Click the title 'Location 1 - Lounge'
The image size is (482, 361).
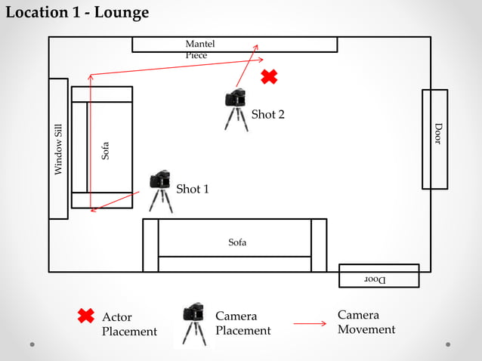pos(77,13)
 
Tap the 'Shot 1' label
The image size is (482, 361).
pos(192,189)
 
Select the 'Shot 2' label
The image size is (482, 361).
pos(267,115)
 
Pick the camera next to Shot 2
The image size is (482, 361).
pos(236,109)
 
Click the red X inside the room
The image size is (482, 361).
pos(269,76)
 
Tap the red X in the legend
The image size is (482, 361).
pos(86,316)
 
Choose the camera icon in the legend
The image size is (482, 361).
pos(193,323)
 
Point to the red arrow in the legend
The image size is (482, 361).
pos(310,323)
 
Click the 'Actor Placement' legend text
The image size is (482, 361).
pos(129,324)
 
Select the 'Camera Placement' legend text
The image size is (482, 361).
pos(243,323)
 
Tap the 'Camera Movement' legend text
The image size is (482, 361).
pos(366,322)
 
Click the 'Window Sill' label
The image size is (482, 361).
pos(58,150)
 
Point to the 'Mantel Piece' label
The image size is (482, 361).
pos(196,50)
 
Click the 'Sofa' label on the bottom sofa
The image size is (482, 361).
pos(237,242)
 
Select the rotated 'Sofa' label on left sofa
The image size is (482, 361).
pos(106,151)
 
